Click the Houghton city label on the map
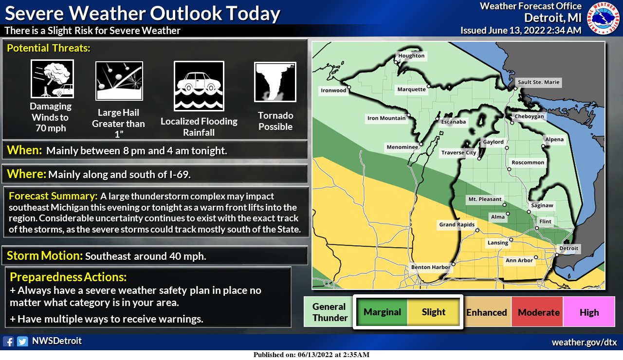(x=411, y=56)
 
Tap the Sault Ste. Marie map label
(x=538, y=83)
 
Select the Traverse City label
(x=458, y=153)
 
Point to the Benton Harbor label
(x=430, y=267)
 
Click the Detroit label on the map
(x=569, y=249)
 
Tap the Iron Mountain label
(x=386, y=118)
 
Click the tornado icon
(x=275, y=82)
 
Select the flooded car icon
(x=199, y=86)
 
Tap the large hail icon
(x=119, y=81)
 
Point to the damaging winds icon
(x=52, y=79)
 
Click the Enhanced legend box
(x=487, y=312)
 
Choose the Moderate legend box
(x=539, y=312)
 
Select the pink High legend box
(x=589, y=312)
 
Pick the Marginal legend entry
(x=383, y=312)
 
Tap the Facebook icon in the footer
(x=8, y=342)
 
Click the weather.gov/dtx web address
(x=584, y=342)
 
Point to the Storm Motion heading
(x=45, y=256)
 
